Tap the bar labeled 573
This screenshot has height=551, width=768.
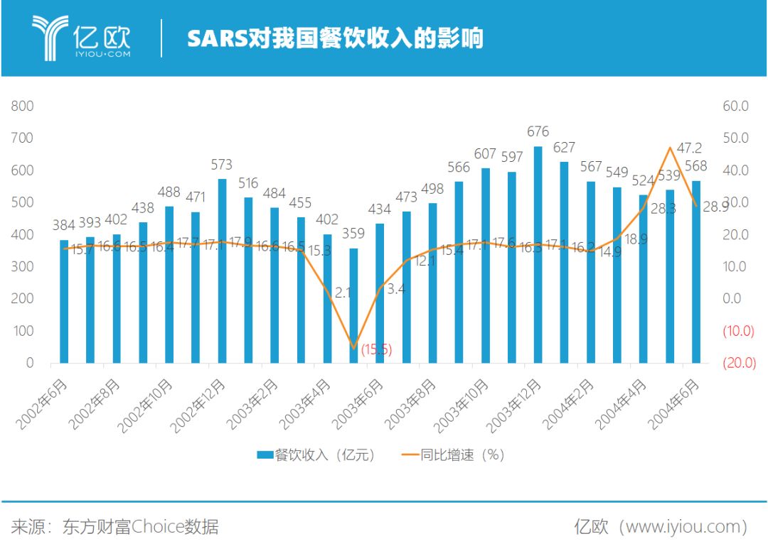(x=222, y=271)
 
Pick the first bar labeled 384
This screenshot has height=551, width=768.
(x=64, y=301)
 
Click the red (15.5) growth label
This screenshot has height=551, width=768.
(x=376, y=349)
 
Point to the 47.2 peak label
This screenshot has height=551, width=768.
(x=688, y=148)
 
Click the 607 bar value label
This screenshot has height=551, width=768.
(x=485, y=154)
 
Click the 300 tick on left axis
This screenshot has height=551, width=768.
(x=23, y=266)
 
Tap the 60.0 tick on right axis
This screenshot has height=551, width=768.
(x=735, y=106)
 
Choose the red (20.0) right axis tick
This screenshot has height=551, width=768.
(x=739, y=363)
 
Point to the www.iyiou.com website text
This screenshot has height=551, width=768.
(x=683, y=527)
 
